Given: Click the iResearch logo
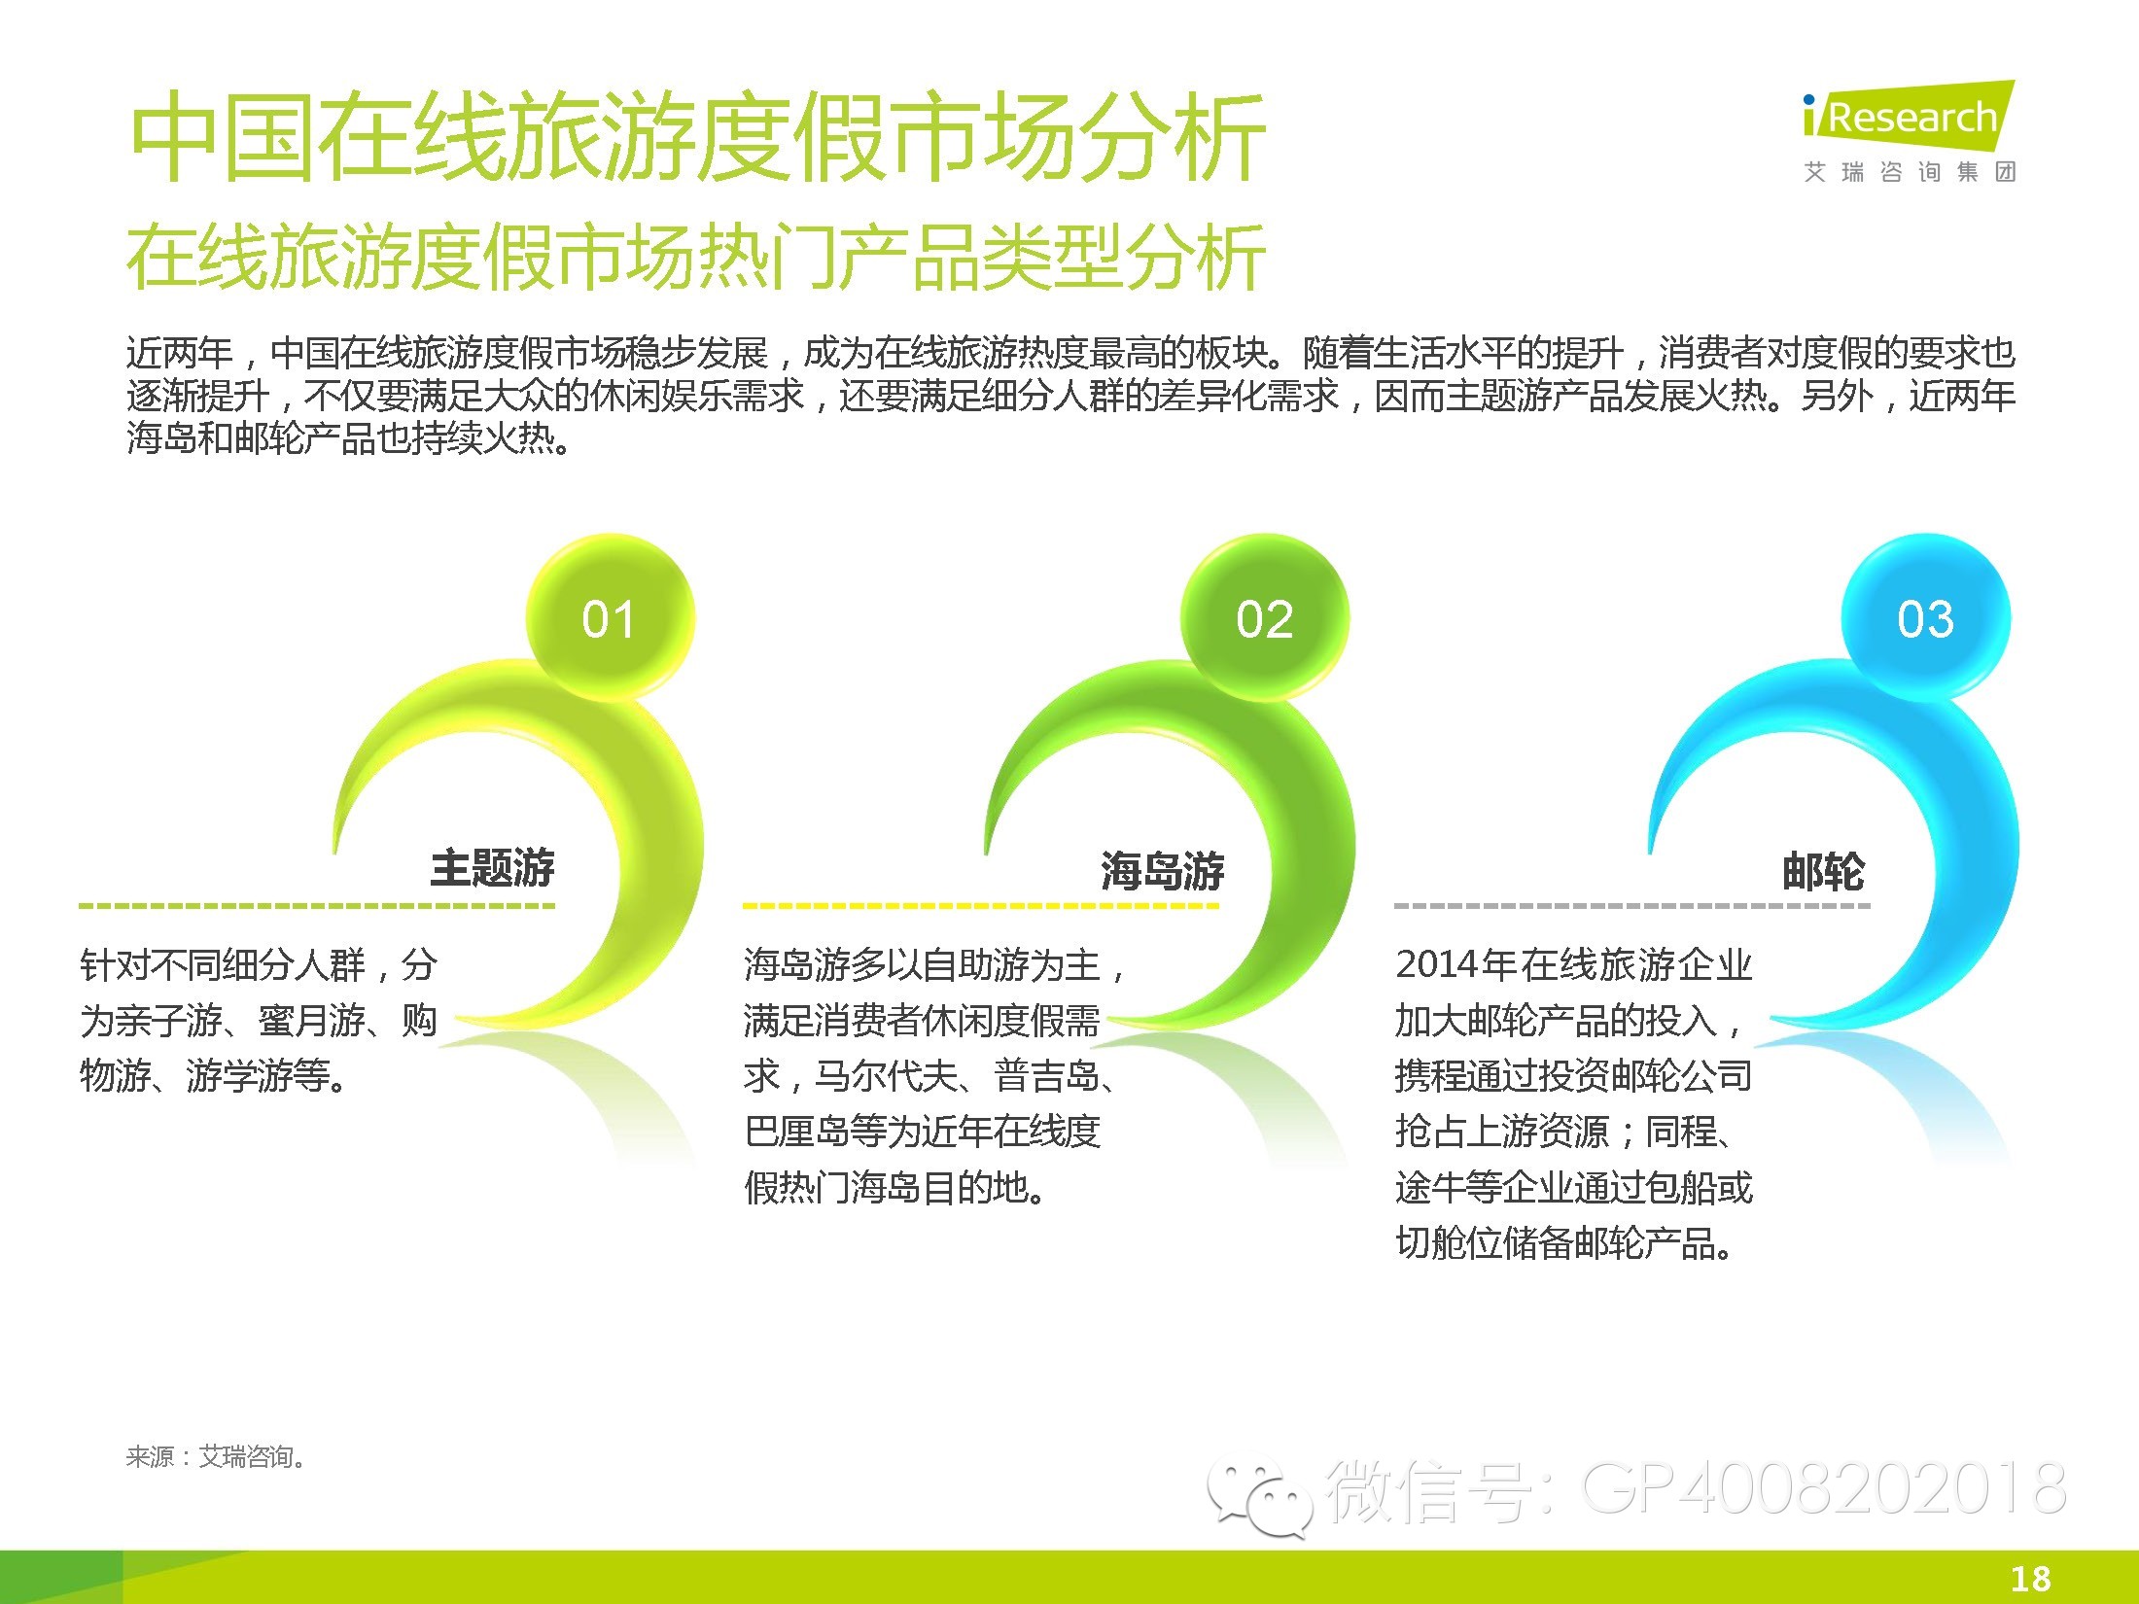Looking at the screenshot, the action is tap(1909, 130).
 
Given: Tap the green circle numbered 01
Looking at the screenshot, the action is tap(610, 618).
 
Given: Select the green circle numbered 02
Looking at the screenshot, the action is tap(1264, 618).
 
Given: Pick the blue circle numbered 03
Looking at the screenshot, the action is tap(1925, 618).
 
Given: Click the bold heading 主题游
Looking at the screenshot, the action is tap(493, 868).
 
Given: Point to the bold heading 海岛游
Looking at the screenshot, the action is tap(1163, 870).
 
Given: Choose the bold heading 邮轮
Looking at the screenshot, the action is tap(1823, 870).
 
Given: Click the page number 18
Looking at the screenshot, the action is tap(2030, 1578).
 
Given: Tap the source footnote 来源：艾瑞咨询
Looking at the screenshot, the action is tap(216, 1456).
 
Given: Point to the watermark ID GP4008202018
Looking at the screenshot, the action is tap(1824, 1487).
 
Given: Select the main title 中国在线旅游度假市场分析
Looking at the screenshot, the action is tap(697, 135).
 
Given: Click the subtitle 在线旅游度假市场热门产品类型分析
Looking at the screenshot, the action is tap(695, 256).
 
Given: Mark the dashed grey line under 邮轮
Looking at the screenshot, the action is tap(1631, 906).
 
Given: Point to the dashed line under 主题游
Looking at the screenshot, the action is tap(317, 906).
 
